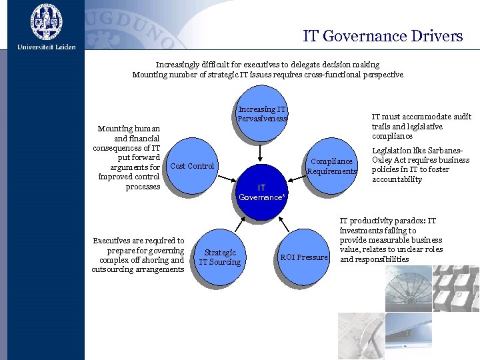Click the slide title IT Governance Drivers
coord(383,36)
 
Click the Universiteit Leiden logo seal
coord(46,22)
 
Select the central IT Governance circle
coord(261,192)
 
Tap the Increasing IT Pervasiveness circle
coord(262,114)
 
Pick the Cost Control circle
coord(192,166)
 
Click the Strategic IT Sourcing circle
coord(220,257)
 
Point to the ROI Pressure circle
coord(304,257)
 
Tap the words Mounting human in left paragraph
coord(129,129)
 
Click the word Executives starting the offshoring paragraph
coord(114,241)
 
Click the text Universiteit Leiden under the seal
coord(47,47)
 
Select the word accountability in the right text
coord(397,179)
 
